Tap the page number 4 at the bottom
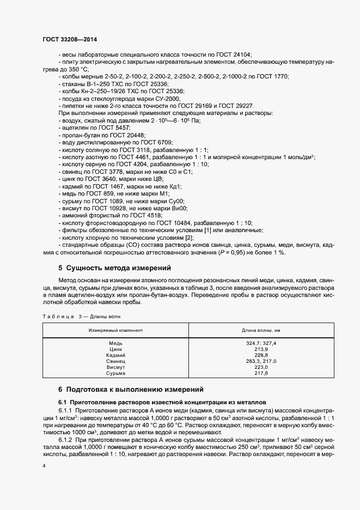coord(44,466)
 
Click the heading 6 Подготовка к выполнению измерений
coord(131,389)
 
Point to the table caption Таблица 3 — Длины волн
coord(81,315)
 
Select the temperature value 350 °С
coord(76,70)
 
